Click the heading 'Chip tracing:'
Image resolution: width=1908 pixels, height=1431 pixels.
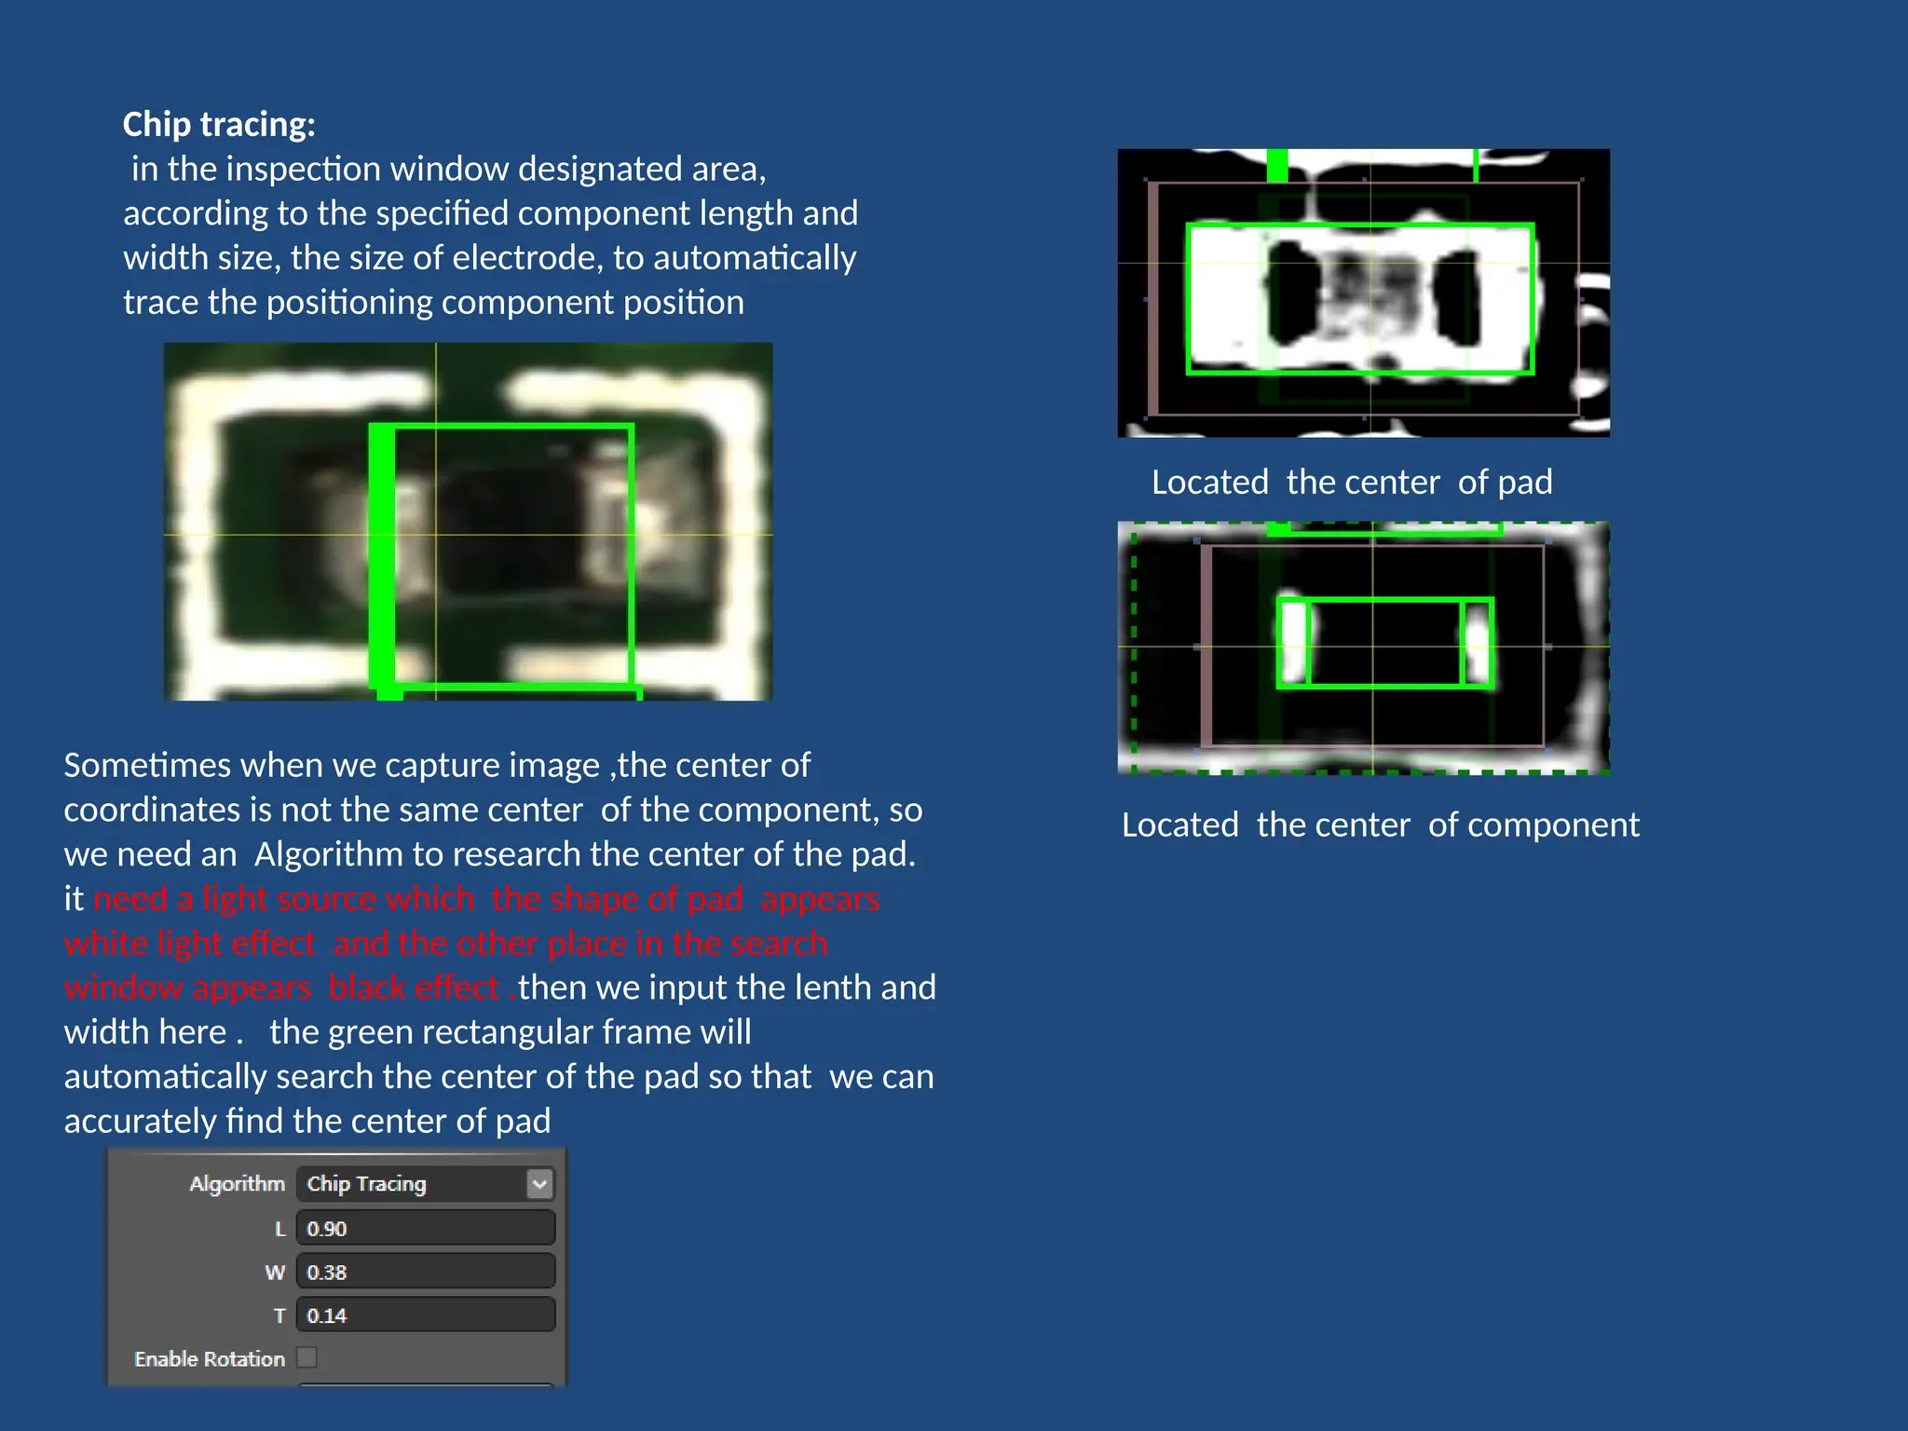coord(219,125)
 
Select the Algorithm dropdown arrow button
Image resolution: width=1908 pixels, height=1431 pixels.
coord(539,1184)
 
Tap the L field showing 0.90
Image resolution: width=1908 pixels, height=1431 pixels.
coord(426,1228)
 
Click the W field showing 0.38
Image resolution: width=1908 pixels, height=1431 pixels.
coord(426,1272)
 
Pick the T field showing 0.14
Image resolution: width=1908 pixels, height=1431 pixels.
coord(426,1315)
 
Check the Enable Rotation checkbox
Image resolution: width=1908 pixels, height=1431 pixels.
coord(307,1357)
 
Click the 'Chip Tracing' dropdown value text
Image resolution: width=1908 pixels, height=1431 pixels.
coord(367,1184)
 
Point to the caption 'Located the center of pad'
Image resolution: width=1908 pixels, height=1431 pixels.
coord(1352,483)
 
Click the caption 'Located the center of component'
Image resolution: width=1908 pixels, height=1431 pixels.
coord(1380,825)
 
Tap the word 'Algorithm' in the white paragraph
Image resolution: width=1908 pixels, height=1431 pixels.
coord(315,854)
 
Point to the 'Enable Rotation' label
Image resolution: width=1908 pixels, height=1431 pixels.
coord(210,1359)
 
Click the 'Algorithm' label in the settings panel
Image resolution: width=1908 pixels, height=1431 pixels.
coord(237,1184)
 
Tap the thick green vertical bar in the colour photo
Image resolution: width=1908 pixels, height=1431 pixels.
coord(382,559)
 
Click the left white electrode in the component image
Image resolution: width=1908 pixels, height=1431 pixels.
coord(1293,643)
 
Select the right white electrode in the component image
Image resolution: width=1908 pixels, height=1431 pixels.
coord(1478,643)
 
